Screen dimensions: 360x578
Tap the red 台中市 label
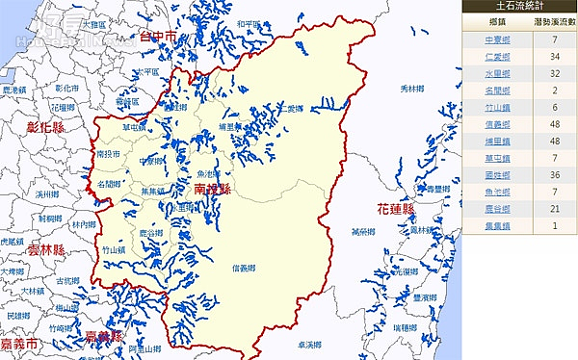pos(158,38)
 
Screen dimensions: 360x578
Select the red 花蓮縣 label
pos(395,209)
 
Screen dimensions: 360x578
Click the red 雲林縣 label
pos(45,249)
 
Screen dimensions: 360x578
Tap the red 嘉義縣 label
pos(103,336)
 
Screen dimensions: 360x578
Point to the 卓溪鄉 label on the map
pos(336,344)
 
